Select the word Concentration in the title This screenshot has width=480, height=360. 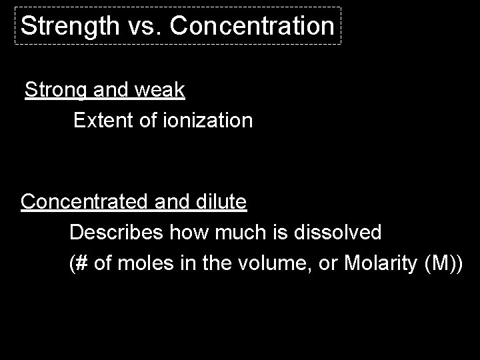[251, 26]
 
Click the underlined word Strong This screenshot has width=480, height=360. [52, 91]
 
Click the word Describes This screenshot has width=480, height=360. [117, 233]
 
